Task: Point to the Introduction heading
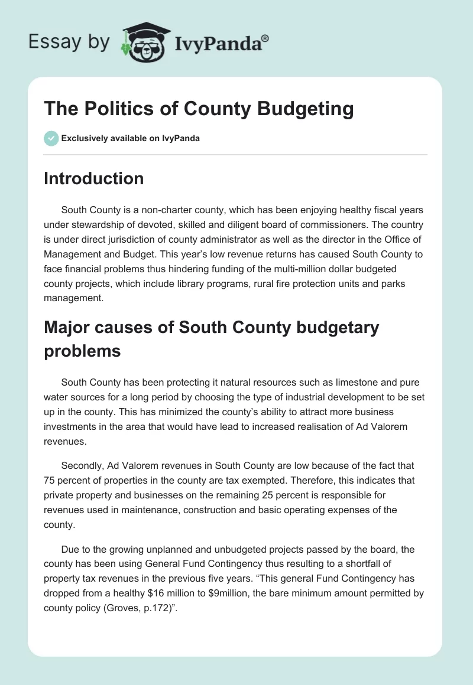93,178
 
